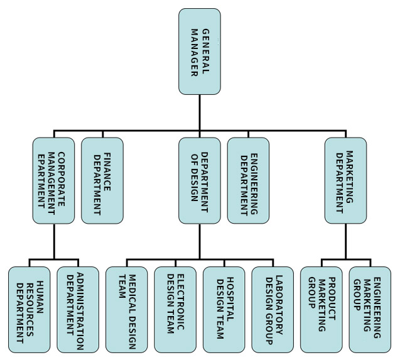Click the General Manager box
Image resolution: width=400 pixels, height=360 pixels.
pyautogui.click(x=199, y=52)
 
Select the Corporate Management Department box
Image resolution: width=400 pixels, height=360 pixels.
pyautogui.click(x=53, y=180)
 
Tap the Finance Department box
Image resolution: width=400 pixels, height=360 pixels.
pyautogui.click(x=102, y=180)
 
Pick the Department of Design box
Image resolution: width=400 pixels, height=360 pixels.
pyautogui.click(x=199, y=180)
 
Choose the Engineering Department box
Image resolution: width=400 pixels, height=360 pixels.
pyautogui.click(x=248, y=180)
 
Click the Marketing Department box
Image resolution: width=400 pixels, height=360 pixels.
pyautogui.click(x=345, y=180)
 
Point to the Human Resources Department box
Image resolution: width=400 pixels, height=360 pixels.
pyautogui.click(x=29, y=309)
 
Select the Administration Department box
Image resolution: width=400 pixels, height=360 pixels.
pyautogui.click(x=78, y=309)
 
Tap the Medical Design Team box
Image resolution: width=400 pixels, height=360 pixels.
pyautogui.click(x=126, y=309)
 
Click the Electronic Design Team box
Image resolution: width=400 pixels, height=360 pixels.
pyautogui.click(x=175, y=309)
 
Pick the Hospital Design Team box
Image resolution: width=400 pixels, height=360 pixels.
pyautogui.click(x=224, y=309)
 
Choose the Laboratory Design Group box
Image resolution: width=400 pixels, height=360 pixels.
pyautogui.click(x=273, y=309)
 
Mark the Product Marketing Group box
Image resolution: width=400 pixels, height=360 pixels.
pyautogui.click(x=321, y=309)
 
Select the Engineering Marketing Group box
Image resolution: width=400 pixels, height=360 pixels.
pyautogui.click(x=370, y=309)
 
